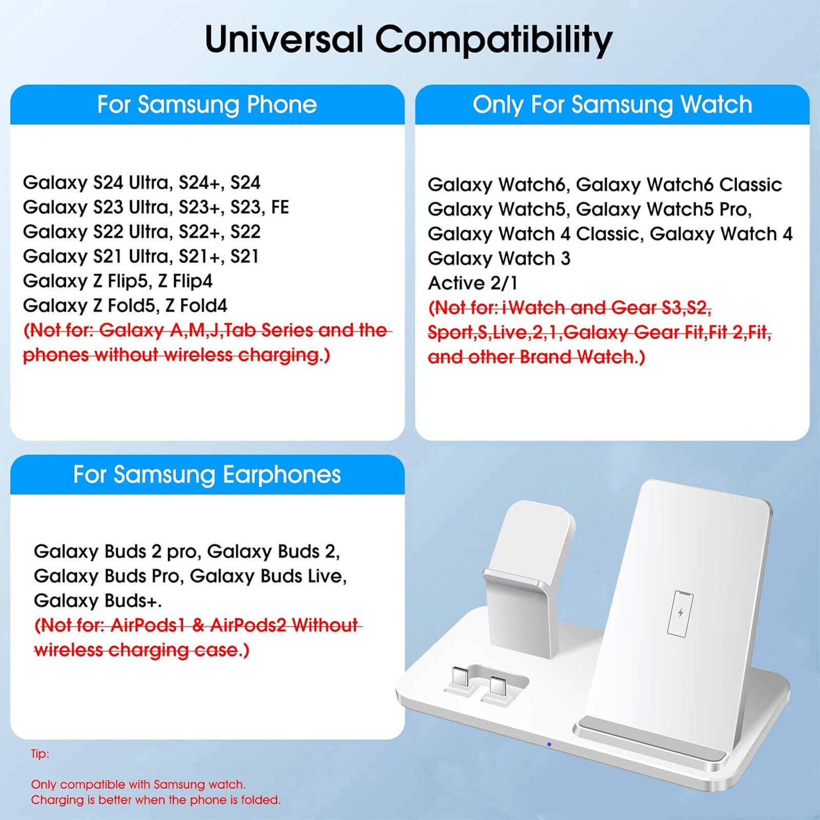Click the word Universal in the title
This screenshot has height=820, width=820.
pyautogui.click(x=284, y=39)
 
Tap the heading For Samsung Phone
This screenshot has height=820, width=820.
pyautogui.click(x=207, y=105)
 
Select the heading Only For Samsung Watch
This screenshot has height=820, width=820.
pyautogui.click(x=612, y=105)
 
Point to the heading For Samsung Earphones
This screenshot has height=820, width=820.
pyautogui.click(x=207, y=475)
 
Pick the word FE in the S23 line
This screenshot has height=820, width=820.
pyautogui.click(x=280, y=207)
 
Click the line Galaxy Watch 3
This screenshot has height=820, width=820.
pyautogui.click(x=499, y=258)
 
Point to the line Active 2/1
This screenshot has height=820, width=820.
pyautogui.click(x=473, y=283)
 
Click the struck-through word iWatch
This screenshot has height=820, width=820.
pyautogui.click(x=534, y=307)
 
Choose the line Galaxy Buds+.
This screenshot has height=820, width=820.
pyautogui.click(x=98, y=600)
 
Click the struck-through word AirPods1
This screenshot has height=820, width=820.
pyautogui.click(x=148, y=625)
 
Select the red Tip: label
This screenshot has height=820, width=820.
pyautogui.click(x=40, y=754)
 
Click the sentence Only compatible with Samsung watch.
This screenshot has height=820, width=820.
pyautogui.click(x=138, y=785)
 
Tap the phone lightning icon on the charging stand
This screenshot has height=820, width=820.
pyautogui.click(x=681, y=613)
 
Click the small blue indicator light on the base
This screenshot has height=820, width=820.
pyautogui.click(x=549, y=744)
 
